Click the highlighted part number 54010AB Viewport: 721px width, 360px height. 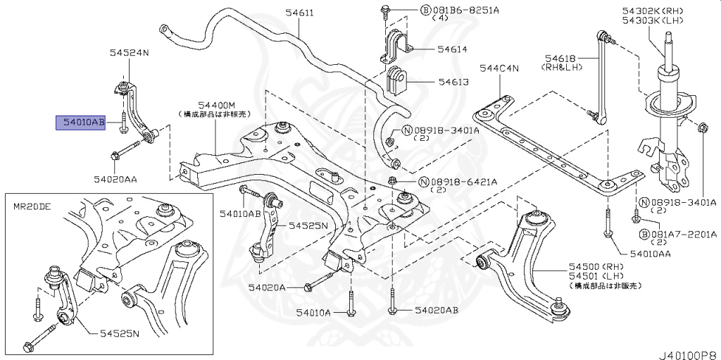point(81,123)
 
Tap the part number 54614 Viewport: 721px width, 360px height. point(452,49)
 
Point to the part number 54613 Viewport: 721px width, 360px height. point(452,82)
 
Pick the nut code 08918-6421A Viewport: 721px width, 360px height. point(468,182)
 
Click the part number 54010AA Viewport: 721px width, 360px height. point(653,253)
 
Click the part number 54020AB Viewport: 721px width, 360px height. point(436,310)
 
